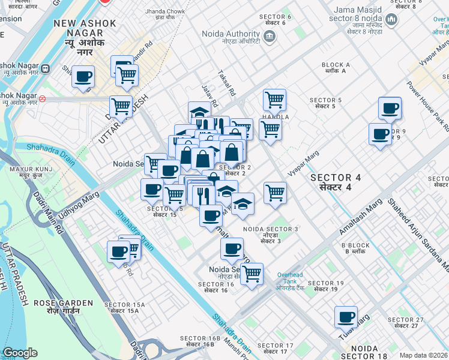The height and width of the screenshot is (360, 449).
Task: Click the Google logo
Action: coord(20,353)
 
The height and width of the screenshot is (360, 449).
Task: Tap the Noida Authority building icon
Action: coord(270,37)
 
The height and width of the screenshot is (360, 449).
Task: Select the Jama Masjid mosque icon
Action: coord(392,20)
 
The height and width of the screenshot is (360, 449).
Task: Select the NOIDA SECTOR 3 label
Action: coord(271,232)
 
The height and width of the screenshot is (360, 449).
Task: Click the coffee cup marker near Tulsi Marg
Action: coord(346,316)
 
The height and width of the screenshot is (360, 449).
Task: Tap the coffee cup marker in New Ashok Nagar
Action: coord(83,76)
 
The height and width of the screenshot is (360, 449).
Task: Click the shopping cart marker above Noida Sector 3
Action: coord(275,193)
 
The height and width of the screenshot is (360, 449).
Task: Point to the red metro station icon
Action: coord(42,97)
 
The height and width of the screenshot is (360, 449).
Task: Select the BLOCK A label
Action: coord(336,67)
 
